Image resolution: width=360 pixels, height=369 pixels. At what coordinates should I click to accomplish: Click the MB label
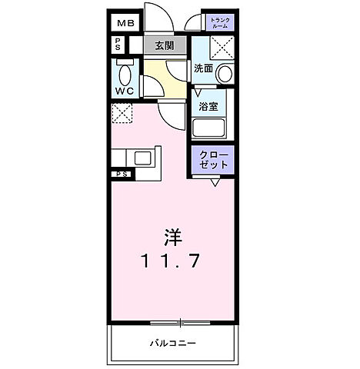point(125,23)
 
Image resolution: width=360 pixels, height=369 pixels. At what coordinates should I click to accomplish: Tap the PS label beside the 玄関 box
point(118,45)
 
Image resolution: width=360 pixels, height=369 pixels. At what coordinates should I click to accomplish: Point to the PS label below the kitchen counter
point(122,175)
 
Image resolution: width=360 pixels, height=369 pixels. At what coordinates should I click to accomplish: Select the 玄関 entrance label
point(164,45)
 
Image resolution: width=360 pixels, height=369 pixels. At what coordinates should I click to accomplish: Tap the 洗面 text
point(203,68)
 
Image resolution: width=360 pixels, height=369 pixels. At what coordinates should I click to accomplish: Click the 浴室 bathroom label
point(208,106)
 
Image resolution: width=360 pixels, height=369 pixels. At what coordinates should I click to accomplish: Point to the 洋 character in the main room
point(172,234)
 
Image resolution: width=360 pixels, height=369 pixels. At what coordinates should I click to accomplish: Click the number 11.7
point(171,261)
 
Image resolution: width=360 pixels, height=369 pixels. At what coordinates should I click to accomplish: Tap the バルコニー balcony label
point(172,343)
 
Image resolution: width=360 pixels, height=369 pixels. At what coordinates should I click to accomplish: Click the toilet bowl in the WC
point(125,75)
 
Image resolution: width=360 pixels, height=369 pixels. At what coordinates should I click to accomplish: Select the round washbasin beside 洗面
point(224,75)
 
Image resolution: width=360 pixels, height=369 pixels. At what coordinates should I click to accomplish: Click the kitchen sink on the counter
point(144,159)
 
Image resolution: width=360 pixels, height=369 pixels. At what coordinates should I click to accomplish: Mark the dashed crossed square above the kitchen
point(122,115)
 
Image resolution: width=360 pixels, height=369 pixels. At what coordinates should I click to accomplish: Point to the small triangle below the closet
point(216,183)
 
